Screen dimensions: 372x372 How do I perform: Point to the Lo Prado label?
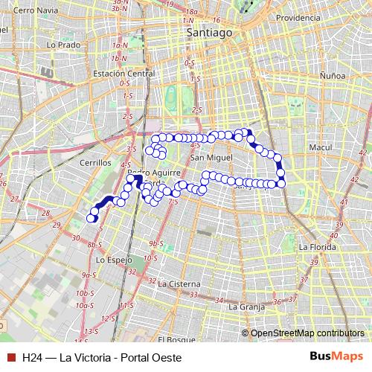62,45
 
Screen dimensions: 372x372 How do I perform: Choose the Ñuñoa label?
332,75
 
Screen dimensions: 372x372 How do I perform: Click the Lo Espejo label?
114,260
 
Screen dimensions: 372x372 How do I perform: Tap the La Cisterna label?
179,283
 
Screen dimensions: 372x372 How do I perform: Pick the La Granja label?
247,306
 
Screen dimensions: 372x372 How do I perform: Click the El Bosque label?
176,339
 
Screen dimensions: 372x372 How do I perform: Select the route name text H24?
31,357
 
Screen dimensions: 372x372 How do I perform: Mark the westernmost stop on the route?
92,217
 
